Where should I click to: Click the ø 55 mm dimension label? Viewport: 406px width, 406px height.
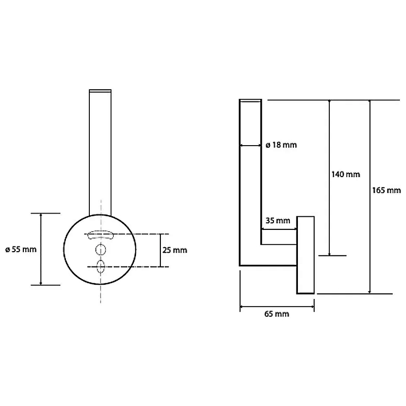coord(21,249)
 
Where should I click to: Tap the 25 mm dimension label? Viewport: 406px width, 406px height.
coord(175,250)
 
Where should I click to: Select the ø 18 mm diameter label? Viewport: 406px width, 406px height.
coord(281,145)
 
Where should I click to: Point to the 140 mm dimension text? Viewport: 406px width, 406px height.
coord(346,174)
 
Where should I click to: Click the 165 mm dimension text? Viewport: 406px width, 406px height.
coord(386,190)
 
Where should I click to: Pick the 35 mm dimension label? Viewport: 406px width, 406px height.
coord(278,221)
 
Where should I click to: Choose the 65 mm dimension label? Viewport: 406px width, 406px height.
coord(277,314)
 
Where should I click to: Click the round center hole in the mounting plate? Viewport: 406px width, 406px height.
coord(100,250)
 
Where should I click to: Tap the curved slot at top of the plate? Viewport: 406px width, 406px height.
coord(100,235)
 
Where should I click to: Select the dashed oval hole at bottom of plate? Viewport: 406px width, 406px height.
coord(100,267)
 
